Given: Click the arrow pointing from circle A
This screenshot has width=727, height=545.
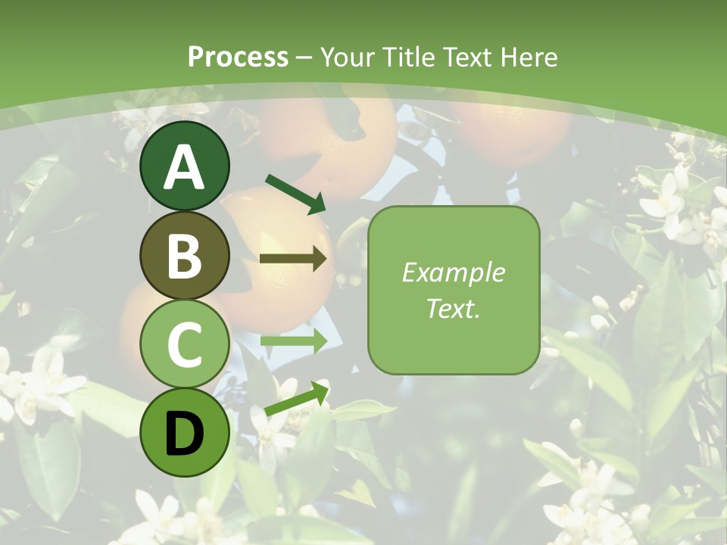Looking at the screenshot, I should click(x=296, y=194).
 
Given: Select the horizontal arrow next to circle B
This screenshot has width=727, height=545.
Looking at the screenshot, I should click(x=293, y=259).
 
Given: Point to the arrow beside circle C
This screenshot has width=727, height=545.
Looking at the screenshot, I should click(x=294, y=341).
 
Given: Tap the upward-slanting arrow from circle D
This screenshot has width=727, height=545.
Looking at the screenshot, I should click(x=298, y=398).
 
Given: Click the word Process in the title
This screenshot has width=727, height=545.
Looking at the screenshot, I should click(x=238, y=57).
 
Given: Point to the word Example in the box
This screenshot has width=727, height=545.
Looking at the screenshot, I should click(x=454, y=272).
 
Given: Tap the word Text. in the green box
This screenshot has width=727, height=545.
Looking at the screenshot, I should click(x=454, y=308).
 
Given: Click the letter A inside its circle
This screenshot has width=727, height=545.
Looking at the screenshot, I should click(x=185, y=167).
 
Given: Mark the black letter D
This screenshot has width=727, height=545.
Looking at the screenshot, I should click(x=185, y=433).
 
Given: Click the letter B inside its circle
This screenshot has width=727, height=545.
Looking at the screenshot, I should click(x=185, y=256).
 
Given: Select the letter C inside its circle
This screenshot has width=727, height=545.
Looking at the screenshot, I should click(x=185, y=344).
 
